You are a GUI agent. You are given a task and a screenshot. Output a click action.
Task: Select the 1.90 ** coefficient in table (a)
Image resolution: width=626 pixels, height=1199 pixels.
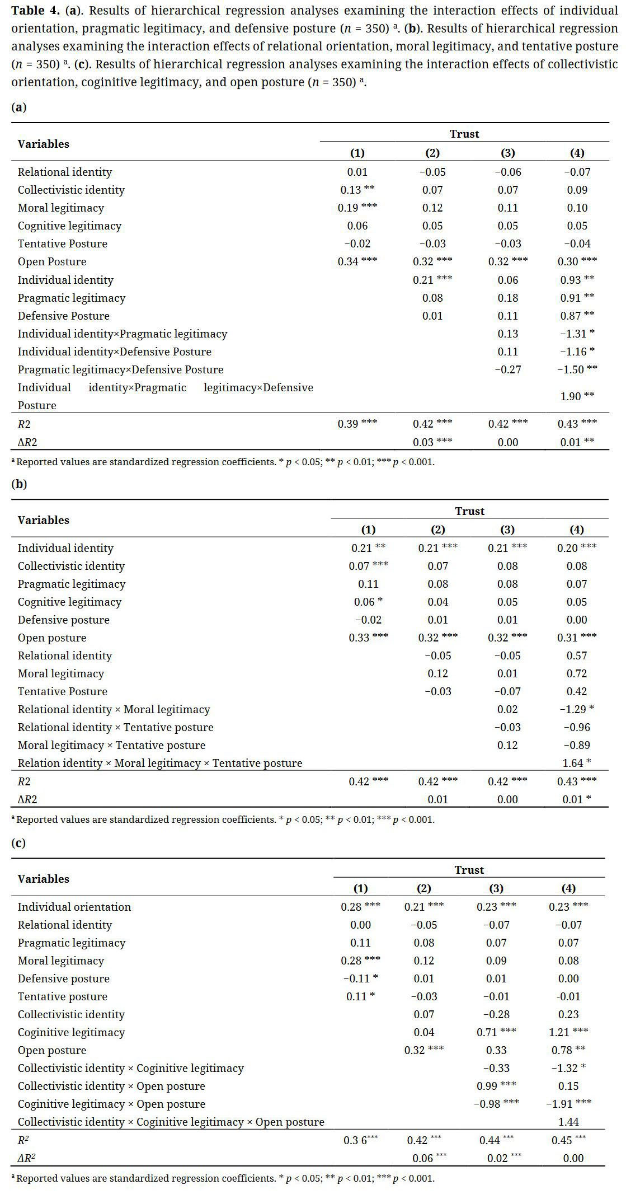(x=577, y=396)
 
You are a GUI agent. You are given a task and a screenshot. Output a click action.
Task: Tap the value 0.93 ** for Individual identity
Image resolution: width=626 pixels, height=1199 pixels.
(x=577, y=280)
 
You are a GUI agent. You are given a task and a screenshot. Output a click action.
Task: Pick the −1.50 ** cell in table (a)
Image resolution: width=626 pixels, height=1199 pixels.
(x=577, y=369)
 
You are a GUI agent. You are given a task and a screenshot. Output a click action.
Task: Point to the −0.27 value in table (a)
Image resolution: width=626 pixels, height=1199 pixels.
(x=507, y=369)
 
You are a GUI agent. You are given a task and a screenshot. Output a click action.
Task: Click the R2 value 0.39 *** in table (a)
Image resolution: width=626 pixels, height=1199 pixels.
(x=357, y=424)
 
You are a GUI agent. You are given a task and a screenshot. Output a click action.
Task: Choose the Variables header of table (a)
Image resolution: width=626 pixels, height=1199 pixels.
(x=44, y=144)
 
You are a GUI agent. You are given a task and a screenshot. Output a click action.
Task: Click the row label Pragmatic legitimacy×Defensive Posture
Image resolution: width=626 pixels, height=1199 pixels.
(x=120, y=369)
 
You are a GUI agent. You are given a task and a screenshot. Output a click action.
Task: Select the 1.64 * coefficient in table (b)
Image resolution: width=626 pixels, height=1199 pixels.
(x=577, y=763)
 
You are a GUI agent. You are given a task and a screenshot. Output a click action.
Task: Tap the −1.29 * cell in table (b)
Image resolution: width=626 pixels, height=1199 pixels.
(x=577, y=709)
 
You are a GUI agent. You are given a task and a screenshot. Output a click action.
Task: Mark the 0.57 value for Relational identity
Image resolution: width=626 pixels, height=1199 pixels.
(x=577, y=655)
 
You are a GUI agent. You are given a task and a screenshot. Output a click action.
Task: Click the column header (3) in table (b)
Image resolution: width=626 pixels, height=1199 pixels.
(x=507, y=530)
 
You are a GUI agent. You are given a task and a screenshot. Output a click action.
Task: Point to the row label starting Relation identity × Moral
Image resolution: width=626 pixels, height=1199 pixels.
(x=159, y=763)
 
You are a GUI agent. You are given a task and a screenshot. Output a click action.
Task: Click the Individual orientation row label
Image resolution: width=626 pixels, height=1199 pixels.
(x=74, y=907)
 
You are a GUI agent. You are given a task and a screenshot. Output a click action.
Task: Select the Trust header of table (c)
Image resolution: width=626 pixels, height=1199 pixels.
(x=469, y=870)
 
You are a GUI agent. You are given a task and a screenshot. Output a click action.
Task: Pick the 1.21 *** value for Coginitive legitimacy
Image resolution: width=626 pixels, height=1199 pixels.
(x=568, y=1032)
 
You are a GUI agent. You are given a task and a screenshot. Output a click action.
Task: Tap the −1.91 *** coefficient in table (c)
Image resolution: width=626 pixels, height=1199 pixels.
(x=568, y=1104)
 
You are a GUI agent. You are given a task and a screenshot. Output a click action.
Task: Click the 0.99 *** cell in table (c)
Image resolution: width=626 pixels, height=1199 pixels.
(x=496, y=1086)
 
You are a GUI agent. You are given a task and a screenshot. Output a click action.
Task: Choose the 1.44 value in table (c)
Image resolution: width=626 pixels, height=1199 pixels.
(x=568, y=1122)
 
